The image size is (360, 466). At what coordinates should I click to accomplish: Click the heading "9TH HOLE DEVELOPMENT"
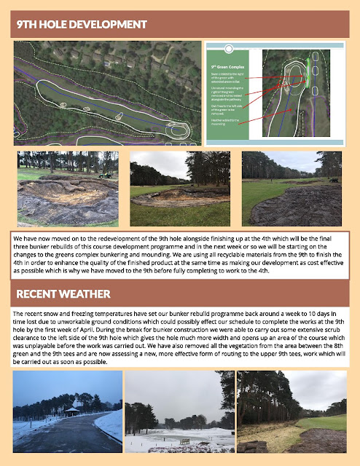82,25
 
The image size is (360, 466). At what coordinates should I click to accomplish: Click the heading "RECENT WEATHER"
63,294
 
